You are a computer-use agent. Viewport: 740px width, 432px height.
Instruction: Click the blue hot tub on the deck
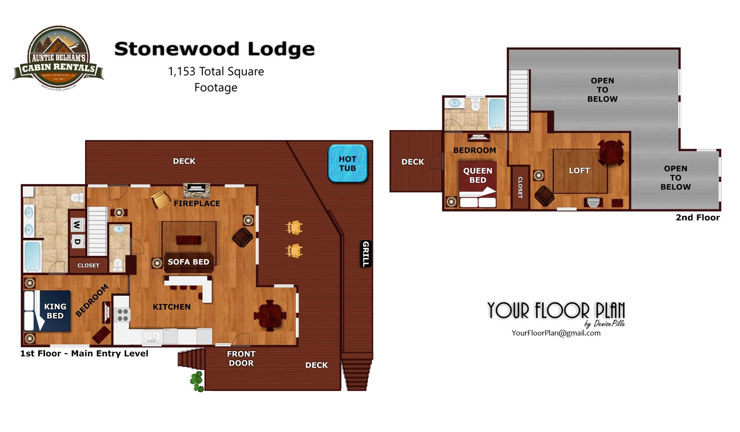(347, 163)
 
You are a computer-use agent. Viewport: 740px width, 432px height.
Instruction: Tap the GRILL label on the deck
(366, 254)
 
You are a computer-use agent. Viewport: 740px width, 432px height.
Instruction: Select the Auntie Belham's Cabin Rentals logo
(58, 58)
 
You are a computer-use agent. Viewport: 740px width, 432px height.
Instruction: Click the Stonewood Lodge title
(214, 49)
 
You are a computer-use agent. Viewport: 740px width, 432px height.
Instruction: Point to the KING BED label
(55, 311)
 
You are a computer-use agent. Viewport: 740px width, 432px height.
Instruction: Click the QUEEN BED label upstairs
(478, 175)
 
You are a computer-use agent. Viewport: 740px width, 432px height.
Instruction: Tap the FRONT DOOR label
(241, 358)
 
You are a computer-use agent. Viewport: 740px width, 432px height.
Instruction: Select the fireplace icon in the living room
(196, 190)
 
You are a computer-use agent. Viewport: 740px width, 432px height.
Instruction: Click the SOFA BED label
(188, 262)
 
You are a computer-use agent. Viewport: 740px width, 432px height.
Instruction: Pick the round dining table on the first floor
(269, 314)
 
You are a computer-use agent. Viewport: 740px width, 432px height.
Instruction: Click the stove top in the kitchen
(122, 314)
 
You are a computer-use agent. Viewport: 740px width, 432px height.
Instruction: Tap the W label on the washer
(77, 225)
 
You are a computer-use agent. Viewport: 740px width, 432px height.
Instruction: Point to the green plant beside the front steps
(197, 381)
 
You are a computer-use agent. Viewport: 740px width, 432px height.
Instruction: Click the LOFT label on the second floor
(579, 170)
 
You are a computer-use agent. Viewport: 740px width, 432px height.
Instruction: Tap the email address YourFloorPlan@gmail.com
(556, 333)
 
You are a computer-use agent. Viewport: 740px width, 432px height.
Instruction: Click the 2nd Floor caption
(698, 217)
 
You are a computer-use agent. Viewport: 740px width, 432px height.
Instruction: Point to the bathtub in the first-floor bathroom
(32, 256)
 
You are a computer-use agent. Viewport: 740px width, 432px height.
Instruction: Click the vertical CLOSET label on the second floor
(520, 188)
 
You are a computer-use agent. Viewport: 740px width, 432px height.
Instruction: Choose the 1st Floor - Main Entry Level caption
(84, 353)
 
